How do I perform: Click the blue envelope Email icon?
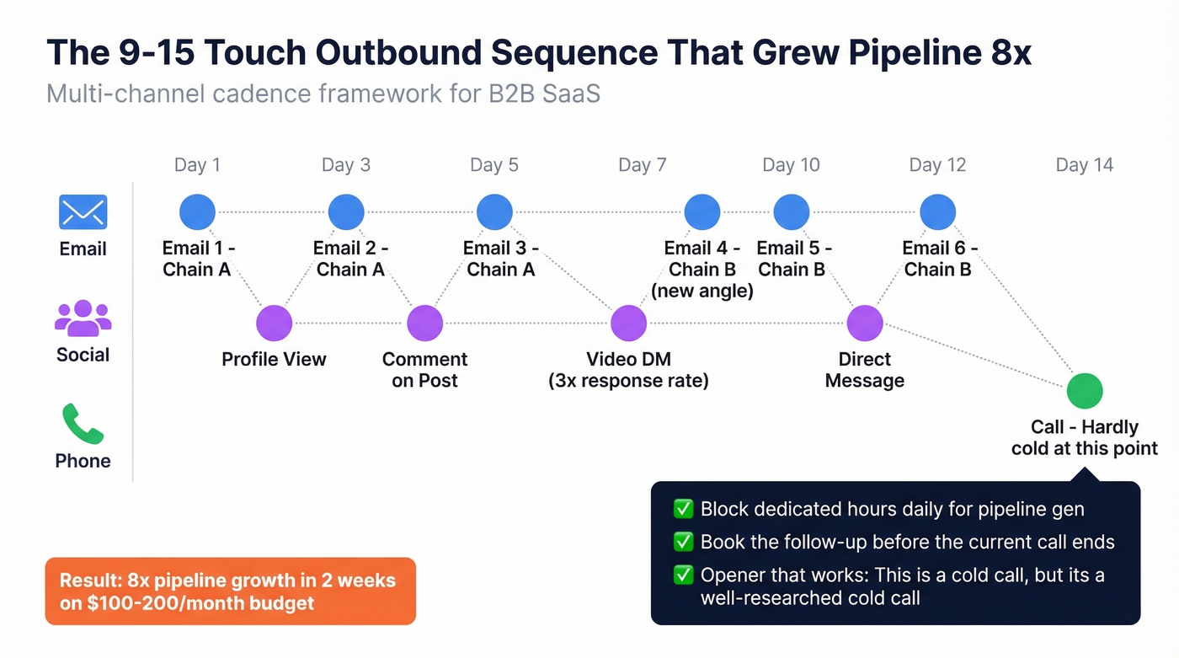click(x=83, y=212)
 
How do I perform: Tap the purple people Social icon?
click(x=83, y=318)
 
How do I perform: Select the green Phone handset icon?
click(x=83, y=424)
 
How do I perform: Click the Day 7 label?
click(x=642, y=165)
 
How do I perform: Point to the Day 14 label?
click(x=1084, y=165)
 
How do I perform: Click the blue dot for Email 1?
click(x=198, y=212)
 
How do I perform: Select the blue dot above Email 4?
click(x=702, y=212)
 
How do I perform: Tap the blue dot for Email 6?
click(x=937, y=212)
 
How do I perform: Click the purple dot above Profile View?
click(x=274, y=324)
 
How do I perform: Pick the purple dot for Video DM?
click(x=628, y=324)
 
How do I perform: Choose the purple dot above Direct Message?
click(x=864, y=324)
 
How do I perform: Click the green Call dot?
click(x=1084, y=391)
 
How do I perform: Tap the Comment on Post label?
click(x=424, y=370)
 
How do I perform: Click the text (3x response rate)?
click(x=628, y=381)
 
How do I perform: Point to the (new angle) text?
click(x=702, y=292)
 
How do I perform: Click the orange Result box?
click(x=230, y=591)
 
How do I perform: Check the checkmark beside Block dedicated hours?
click(x=682, y=509)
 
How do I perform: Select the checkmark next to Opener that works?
click(x=682, y=575)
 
